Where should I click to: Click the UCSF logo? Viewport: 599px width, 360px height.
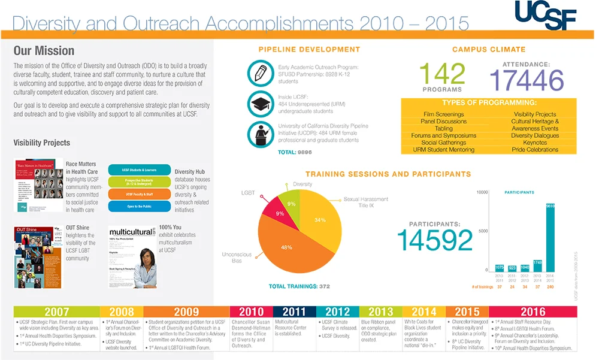point(544,15)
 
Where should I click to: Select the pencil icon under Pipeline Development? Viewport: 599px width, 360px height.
point(261,73)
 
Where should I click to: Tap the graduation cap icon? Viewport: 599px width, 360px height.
point(261,104)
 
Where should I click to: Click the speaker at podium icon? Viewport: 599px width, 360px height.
point(261,134)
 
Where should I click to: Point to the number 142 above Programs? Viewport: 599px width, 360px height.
point(442,74)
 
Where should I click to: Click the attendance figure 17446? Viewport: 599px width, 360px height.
point(527,80)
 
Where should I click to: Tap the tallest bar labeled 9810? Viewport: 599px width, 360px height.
point(550,236)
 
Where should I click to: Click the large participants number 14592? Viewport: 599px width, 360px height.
point(434,241)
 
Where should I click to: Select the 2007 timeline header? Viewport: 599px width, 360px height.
point(56,311)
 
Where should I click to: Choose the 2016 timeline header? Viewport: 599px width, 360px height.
point(533,311)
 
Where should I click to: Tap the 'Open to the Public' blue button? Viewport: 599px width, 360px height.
point(139,207)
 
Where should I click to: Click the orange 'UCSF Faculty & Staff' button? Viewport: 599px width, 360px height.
point(139,194)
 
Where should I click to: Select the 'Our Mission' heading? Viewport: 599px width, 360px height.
point(44,51)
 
